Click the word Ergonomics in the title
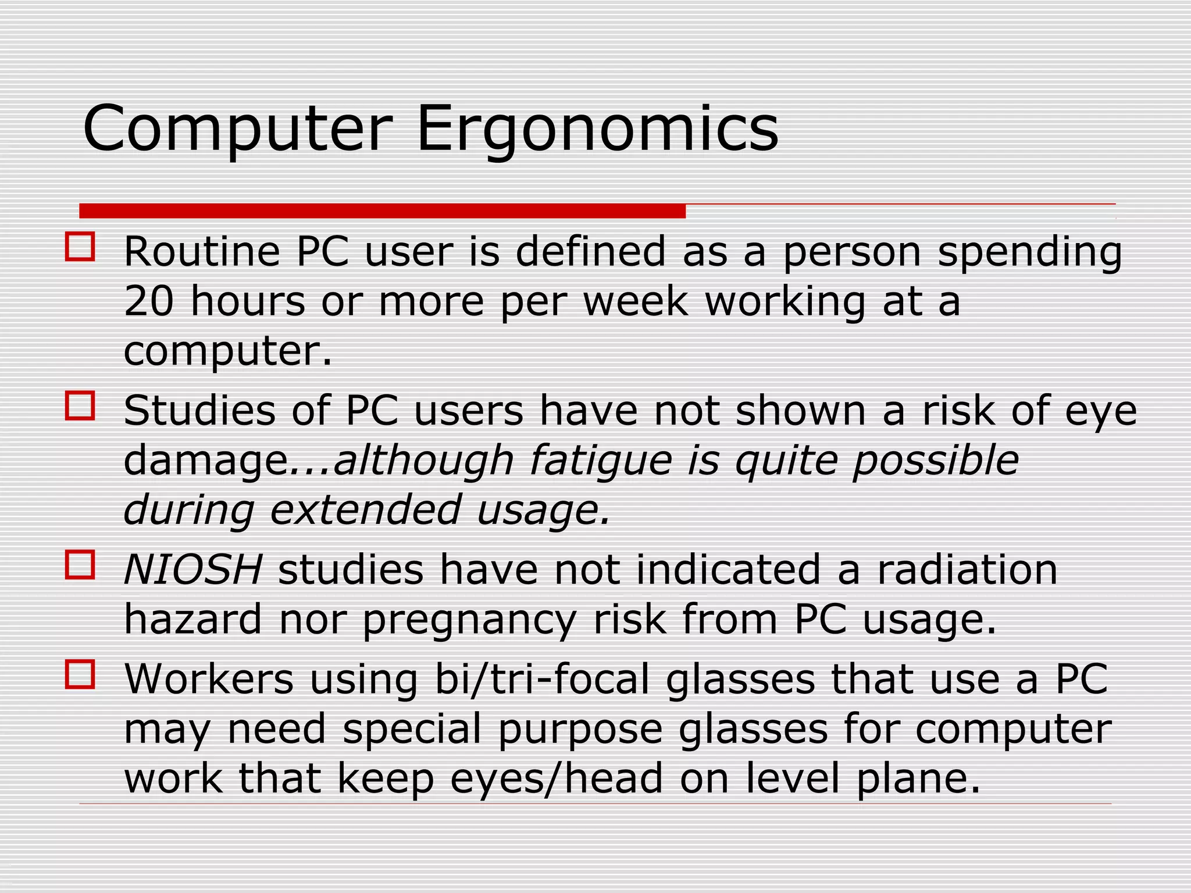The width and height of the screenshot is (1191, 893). click(x=597, y=129)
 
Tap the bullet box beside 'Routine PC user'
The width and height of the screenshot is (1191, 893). click(x=80, y=247)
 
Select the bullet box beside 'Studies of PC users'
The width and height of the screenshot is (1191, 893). click(x=80, y=405)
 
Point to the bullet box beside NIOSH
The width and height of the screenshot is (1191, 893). click(x=80, y=565)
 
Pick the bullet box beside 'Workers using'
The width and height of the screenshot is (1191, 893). click(x=80, y=674)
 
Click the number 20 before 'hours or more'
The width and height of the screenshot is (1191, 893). click(x=149, y=301)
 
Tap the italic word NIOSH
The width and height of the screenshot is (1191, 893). click(x=193, y=569)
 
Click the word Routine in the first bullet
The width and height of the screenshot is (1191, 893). click(x=202, y=252)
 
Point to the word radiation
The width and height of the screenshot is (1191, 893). click(x=967, y=569)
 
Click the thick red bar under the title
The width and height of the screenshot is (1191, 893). click(x=382, y=210)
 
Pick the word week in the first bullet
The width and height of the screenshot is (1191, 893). click(x=636, y=301)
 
